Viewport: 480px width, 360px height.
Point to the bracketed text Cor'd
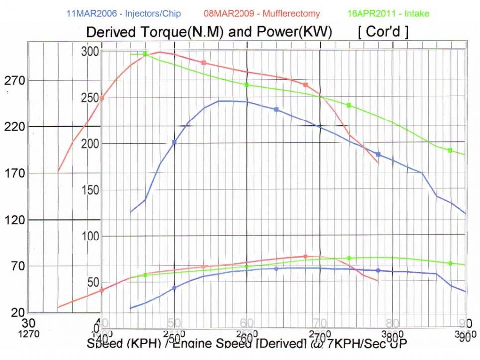[x=383, y=32]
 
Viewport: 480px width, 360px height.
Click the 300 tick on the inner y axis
[x=90, y=51]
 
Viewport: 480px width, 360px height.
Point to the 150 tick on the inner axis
[x=90, y=190]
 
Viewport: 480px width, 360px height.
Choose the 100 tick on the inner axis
[x=90, y=236]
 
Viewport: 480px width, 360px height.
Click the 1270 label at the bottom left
[x=28, y=334]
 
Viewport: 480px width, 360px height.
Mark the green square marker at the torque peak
[x=145, y=54]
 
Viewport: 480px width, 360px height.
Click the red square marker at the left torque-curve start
[x=102, y=98]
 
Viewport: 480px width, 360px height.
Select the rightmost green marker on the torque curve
[x=450, y=150]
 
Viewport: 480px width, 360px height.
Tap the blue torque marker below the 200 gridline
[x=378, y=154]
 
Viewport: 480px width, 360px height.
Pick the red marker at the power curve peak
[x=305, y=257]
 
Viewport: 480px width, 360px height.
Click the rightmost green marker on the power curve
[x=450, y=263]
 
